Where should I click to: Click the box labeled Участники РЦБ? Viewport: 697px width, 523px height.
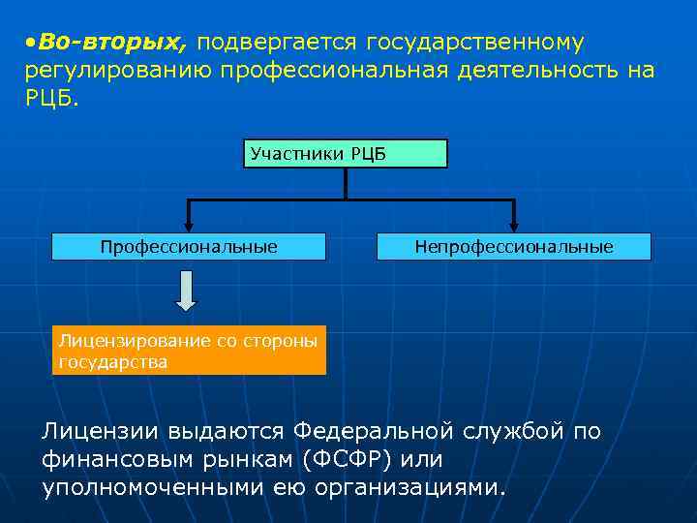pos(345,154)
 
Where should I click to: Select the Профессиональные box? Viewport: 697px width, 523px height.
pos(189,247)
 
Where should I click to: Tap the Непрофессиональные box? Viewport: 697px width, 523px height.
pos(513,247)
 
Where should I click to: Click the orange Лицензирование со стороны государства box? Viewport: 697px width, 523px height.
pos(190,351)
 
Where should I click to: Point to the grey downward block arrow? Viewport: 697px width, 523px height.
pos(186,290)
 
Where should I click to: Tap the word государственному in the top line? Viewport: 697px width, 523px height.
pos(474,43)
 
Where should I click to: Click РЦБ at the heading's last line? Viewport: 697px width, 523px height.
pos(51,99)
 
